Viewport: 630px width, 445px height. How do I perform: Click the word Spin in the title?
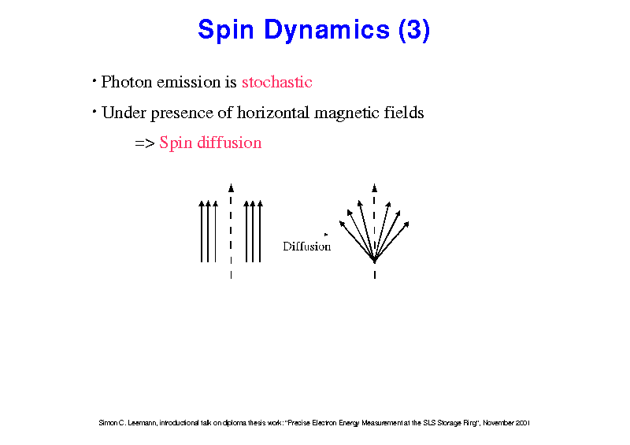[x=226, y=30]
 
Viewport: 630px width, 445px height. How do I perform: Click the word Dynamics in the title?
[x=327, y=30]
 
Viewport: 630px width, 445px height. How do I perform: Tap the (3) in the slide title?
[x=414, y=30]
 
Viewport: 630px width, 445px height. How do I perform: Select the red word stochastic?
[x=277, y=82]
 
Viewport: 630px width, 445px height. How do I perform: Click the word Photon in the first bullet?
[x=127, y=82]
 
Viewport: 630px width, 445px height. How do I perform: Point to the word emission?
[x=188, y=82]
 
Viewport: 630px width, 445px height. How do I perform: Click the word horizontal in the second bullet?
[x=273, y=113]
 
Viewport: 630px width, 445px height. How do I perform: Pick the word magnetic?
[x=346, y=113]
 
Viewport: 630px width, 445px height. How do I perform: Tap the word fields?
[x=404, y=113]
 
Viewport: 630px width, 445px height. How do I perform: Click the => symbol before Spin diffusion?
[x=145, y=143]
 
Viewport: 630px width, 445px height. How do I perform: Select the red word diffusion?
[x=229, y=143]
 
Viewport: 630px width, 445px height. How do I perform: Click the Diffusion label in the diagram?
[x=307, y=247]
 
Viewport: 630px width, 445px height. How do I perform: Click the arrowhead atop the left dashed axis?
[x=231, y=187]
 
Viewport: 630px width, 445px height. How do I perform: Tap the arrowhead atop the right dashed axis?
[x=375, y=187]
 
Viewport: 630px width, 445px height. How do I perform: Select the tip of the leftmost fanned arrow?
[x=340, y=221]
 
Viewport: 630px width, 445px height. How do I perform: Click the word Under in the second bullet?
[x=124, y=113]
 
